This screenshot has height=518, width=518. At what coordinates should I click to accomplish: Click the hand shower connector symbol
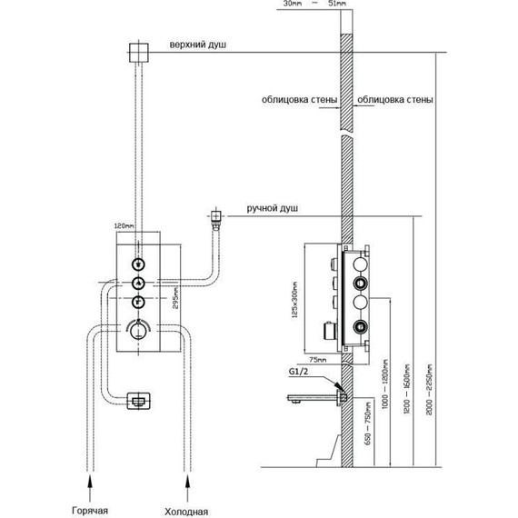click(216, 217)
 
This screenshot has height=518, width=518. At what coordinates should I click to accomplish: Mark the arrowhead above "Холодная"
click(186, 472)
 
